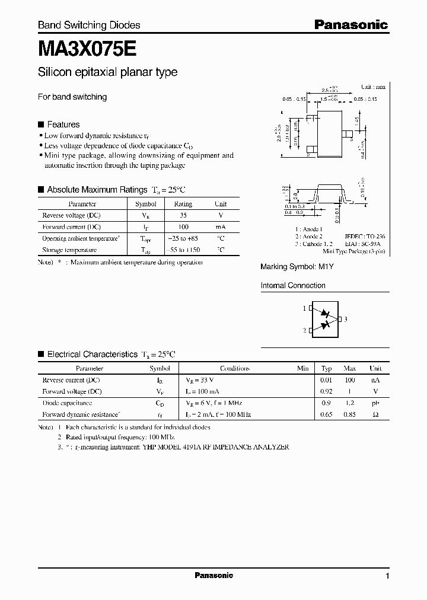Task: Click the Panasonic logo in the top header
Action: pos(350,24)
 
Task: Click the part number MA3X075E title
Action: pos(89,47)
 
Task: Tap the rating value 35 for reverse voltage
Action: pos(183,215)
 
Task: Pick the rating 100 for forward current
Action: pos(183,227)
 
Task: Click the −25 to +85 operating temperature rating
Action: pos(183,238)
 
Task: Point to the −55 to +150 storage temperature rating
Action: pos(183,250)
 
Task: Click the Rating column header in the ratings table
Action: pos(183,204)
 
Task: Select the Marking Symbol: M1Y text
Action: pos(297,267)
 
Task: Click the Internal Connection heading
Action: pos(293,285)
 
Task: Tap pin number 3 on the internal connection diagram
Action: pos(345,320)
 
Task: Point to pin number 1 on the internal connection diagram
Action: pos(304,308)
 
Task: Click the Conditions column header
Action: pos(234,368)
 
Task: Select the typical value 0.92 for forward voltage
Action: pos(326,391)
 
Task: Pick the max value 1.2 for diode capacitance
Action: pos(350,403)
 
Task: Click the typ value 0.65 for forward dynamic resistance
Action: pos(326,414)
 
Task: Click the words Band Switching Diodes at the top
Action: pos(89,25)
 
